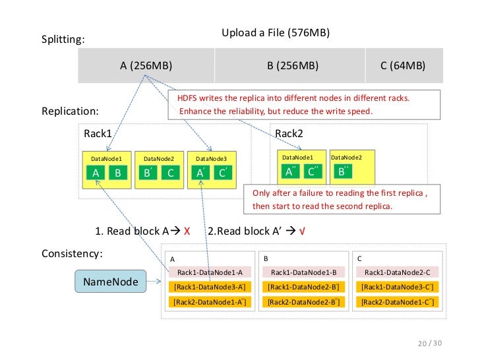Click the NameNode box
[111, 282]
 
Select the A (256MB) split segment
[146, 65]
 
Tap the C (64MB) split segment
[404, 65]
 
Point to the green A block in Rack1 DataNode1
[96, 173]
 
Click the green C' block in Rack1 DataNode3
[223, 173]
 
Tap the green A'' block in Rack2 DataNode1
[291, 171]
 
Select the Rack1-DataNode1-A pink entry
[210, 272]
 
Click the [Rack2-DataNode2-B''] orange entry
[304, 302]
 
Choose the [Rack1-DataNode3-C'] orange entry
[398, 287]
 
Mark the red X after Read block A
[187, 231]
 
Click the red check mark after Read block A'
[302, 231]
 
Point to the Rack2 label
[289, 133]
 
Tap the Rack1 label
[98, 133]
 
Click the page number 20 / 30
[430, 343]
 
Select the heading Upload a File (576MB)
[276, 32]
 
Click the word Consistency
[71, 253]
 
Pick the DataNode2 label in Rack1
[159, 158]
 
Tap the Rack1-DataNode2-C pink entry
[398, 272]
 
